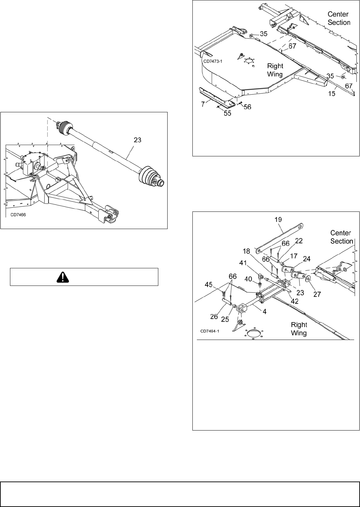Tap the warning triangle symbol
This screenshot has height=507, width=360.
click(84, 277)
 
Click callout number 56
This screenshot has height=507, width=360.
click(247, 107)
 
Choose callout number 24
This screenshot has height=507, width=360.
click(306, 259)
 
